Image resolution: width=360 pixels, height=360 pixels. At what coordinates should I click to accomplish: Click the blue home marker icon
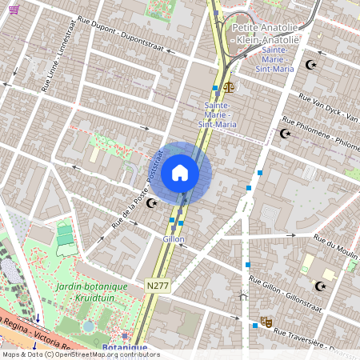(180, 173)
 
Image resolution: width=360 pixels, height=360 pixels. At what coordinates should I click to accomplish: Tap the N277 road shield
(157, 285)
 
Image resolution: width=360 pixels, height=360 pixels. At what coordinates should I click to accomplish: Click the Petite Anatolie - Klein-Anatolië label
(264, 33)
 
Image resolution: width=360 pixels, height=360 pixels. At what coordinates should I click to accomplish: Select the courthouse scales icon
(230, 86)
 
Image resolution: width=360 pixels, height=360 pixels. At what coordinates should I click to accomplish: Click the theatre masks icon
(266, 321)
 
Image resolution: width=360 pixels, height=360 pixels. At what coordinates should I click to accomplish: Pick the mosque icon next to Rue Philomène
(284, 134)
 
